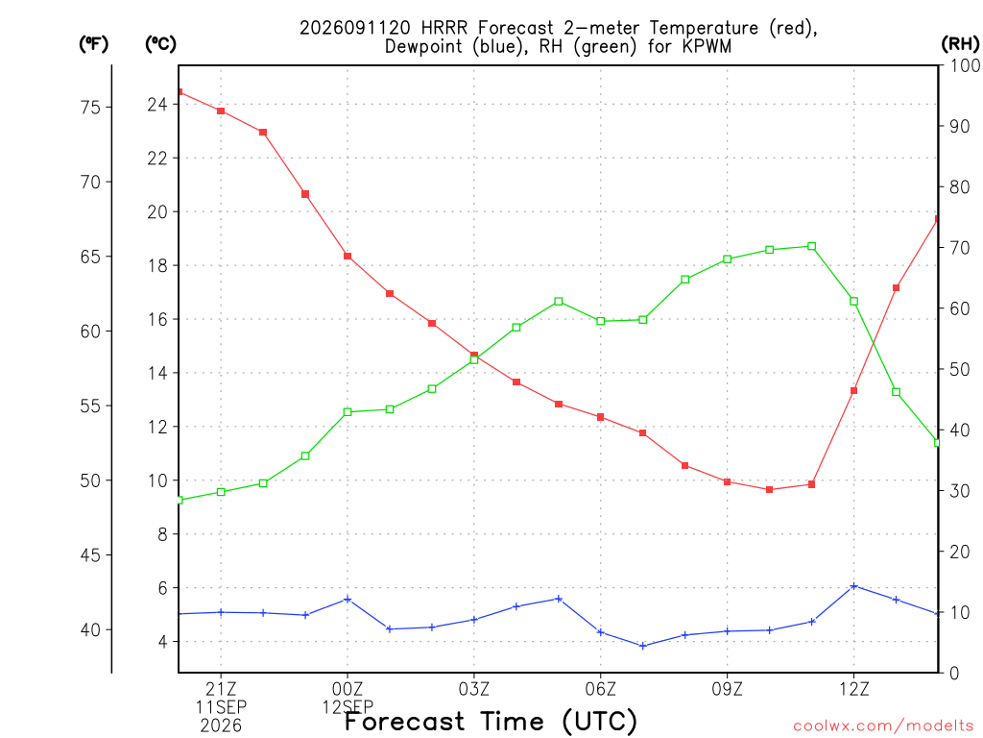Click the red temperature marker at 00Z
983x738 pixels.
click(348, 256)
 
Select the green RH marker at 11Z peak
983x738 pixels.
click(812, 247)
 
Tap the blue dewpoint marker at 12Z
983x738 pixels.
click(853, 586)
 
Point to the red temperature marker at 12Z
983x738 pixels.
click(853, 391)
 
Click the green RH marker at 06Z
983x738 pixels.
click(601, 321)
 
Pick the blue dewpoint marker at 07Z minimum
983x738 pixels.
click(642, 646)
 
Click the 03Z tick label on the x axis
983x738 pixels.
click(474, 690)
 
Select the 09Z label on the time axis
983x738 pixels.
click(728, 690)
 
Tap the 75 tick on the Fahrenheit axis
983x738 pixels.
click(91, 108)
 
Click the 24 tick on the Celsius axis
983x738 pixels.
click(157, 104)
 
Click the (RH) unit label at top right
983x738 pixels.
click(960, 44)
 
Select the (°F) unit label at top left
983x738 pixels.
click(93, 44)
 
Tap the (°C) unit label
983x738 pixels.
click(160, 44)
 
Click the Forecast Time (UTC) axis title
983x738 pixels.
click(491, 722)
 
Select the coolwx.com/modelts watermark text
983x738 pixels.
click(883, 726)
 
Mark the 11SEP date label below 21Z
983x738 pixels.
click(221, 707)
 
